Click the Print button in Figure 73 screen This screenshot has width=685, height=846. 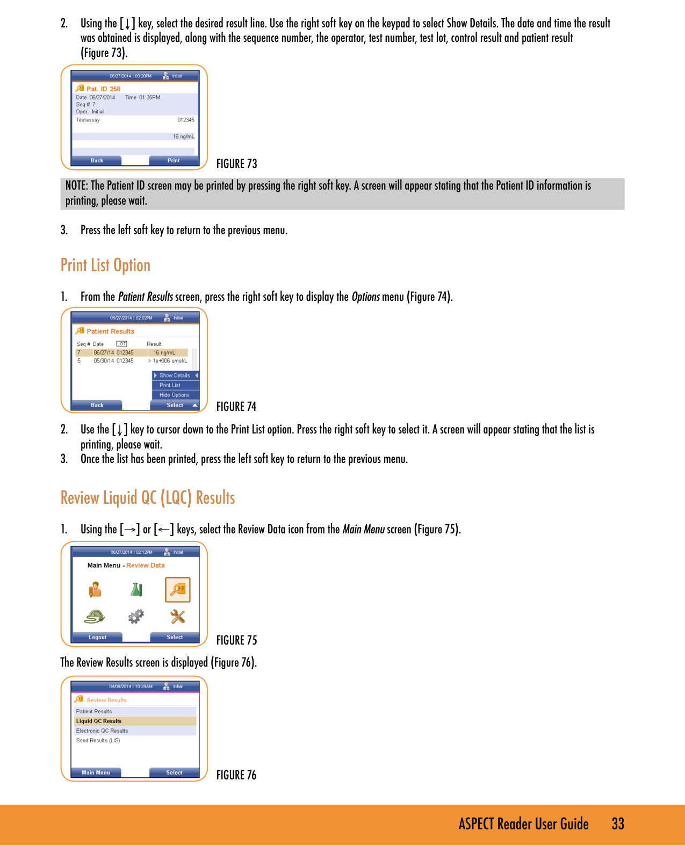174,161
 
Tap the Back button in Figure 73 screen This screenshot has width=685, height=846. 97,161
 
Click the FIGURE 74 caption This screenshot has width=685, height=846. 236,407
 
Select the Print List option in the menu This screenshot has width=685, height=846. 170,385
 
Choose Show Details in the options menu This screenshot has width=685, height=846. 175,375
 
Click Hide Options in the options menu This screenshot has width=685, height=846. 174,395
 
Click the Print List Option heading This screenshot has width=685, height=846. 105,265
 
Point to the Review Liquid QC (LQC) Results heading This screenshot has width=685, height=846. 148,498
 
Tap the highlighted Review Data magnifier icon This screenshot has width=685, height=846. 178,590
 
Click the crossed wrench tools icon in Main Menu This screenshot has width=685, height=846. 178,616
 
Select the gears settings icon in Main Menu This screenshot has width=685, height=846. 136,616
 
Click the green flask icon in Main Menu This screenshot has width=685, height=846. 136,590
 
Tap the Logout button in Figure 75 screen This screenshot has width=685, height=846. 97,637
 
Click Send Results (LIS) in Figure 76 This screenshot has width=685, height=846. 98,740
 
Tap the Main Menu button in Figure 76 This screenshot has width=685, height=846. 96,772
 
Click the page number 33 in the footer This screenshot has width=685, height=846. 618,824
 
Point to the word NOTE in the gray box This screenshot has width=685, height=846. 76,186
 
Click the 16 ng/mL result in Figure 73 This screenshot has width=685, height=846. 183,136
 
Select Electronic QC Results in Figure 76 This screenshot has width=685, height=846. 102,731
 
